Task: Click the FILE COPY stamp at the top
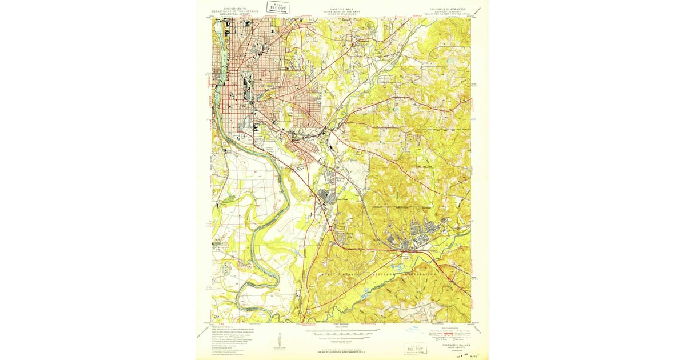point(278,7)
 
